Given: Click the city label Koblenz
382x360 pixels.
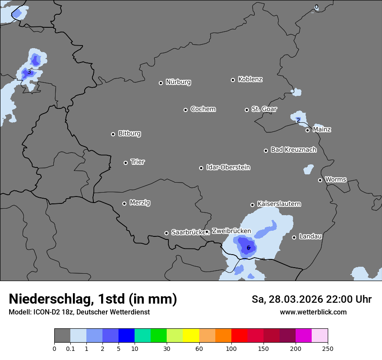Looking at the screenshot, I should click(x=250, y=79).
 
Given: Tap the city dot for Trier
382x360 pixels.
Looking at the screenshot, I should click(x=126, y=163).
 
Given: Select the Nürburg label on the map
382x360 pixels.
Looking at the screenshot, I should click(x=178, y=82).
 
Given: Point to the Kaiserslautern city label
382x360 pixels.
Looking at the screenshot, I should click(x=279, y=204).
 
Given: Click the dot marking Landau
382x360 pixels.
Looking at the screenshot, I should click(x=294, y=237).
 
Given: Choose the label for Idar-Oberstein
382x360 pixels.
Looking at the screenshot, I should click(x=228, y=167).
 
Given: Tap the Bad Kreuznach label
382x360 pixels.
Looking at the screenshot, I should click(x=293, y=150).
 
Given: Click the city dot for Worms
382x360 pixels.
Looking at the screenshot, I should click(x=320, y=180).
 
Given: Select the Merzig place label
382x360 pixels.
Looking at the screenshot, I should click(x=140, y=203).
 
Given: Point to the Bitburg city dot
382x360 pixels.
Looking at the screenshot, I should click(x=113, y=134).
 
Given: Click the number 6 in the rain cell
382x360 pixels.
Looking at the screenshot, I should click(x=248, y=248).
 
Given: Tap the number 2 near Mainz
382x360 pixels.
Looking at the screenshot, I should click(x=298, y=120).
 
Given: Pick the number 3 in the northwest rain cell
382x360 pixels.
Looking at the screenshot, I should click(x=29, y=72).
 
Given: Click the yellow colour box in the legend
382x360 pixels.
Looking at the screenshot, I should click(x=191, y=336).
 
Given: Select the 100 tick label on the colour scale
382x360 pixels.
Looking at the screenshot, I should click(x=231, y=348).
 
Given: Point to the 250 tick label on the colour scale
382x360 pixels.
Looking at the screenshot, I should click(x=328, y=348).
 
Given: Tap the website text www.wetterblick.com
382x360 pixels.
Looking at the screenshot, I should click(x=313, y=312).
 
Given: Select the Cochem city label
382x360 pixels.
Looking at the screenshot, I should click(x=203, y=109).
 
